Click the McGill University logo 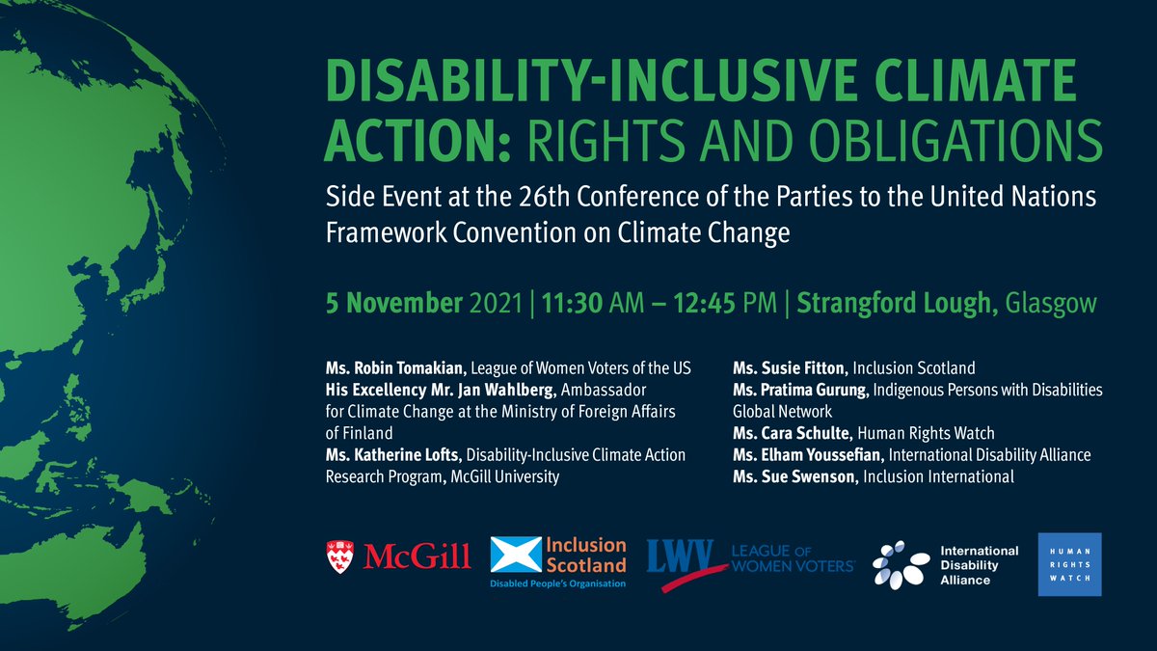pos(399,555)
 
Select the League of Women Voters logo pos(750,557)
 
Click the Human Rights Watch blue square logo pos(1068,564)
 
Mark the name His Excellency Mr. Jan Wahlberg pos(433,390)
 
